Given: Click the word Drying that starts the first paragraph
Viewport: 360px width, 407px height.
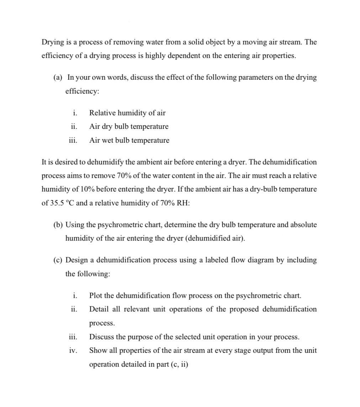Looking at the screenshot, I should [x=52, y=42].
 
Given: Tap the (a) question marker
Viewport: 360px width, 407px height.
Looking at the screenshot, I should [x=58, y=77].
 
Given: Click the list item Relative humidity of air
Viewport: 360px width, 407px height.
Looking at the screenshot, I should [x=127, y=113].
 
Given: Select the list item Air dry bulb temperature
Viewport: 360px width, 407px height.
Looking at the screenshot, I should [x=128, y=126].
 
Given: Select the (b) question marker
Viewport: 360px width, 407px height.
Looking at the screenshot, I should [x=58, y=225].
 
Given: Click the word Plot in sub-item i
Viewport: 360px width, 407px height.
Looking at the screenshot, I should [x=95, y=296].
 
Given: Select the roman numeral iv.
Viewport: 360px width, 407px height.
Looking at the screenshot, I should [x=73, y=350].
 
